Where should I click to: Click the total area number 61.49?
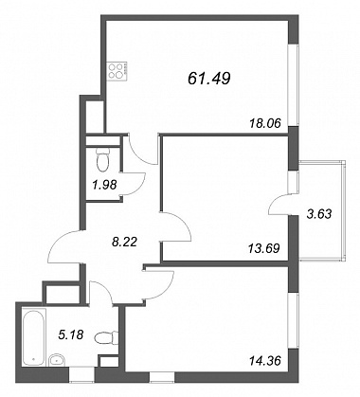(x=208, y=79)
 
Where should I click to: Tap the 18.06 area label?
(x=265, y=123)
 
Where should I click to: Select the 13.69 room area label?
(x=264, y=248)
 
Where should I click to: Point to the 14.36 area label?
(x=264, y=360)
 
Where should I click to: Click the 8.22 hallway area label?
(x=125, y=243)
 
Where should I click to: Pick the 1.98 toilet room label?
(x=104, y=185)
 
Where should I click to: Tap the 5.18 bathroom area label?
(x=71, y=334)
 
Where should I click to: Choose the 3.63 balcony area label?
(x=319, y=214)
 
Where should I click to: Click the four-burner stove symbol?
(x=117, y=71)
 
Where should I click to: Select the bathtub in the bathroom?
(x=33, y=337)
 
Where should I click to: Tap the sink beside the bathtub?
(x=57, y=360)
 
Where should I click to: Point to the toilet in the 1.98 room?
(x=102, y=159)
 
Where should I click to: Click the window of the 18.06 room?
(x=294, y=84)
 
